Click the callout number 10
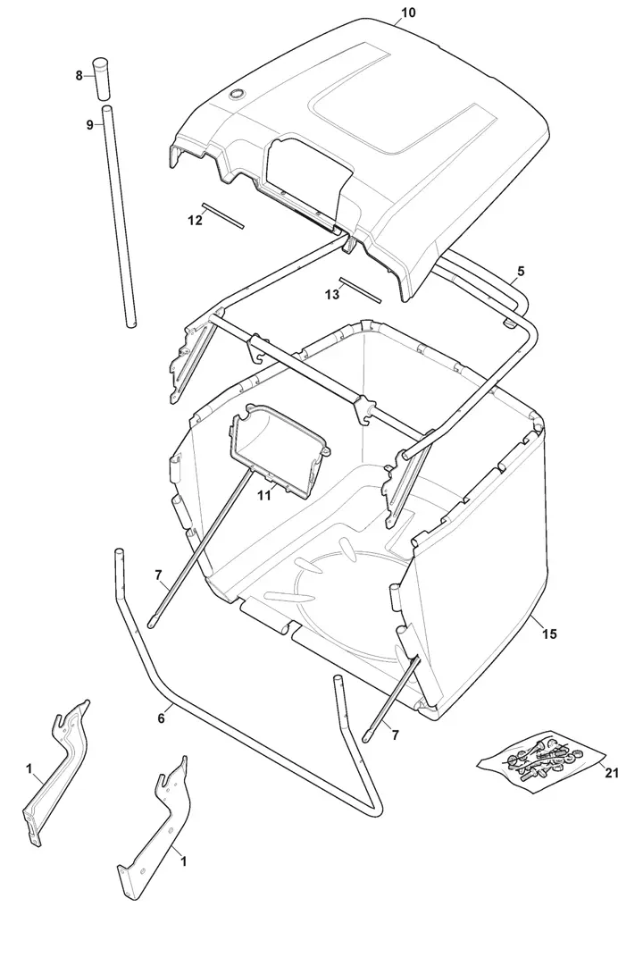pos(409,13)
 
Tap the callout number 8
pos(79,76)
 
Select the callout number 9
pos(89,125)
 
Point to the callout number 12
pos(195,221)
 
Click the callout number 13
pos(332,295)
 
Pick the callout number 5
pos(521,270)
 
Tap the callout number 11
pos(263,496)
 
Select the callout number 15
pos(549,634)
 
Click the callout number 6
pos(161,718)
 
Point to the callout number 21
pos(611,773)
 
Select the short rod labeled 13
pos(361,290)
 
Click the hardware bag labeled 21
pos(540,760)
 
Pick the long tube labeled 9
pos(119,216)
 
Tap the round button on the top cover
pos(235,94)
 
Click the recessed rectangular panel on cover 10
pos(403,113)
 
